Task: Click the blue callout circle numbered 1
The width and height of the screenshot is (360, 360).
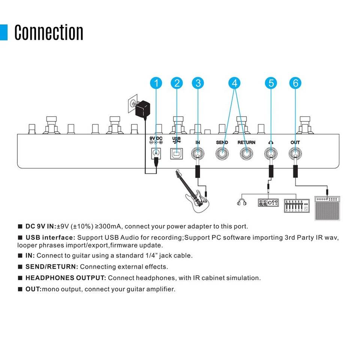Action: [156, 83]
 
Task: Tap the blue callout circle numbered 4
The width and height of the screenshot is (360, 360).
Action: [234, 83]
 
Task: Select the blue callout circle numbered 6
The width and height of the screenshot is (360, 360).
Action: [295, 83]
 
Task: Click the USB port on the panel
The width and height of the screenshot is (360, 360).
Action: [176, 154]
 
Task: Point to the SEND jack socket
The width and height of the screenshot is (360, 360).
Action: [222, 154]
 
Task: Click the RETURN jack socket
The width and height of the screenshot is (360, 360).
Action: [246, 154]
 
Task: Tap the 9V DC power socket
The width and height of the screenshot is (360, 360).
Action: [156, 154]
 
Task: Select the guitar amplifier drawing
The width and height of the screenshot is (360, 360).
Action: [327, 208]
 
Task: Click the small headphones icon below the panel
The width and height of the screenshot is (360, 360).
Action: [242, 202]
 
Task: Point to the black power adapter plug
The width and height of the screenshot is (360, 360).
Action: [143, 109]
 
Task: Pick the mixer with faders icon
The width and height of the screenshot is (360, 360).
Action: [297, 206]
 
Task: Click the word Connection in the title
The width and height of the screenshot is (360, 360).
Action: [49, 32]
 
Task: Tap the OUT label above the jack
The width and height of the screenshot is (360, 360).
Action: [295, 142]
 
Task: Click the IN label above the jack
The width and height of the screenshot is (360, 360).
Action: [198, 142]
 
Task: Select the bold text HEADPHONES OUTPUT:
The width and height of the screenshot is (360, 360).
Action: [66, 278]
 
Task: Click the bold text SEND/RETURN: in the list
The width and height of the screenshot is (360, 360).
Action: [52, 267]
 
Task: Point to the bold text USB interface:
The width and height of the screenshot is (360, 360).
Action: [51, 237]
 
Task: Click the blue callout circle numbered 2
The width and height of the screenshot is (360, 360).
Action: [177, 83]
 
